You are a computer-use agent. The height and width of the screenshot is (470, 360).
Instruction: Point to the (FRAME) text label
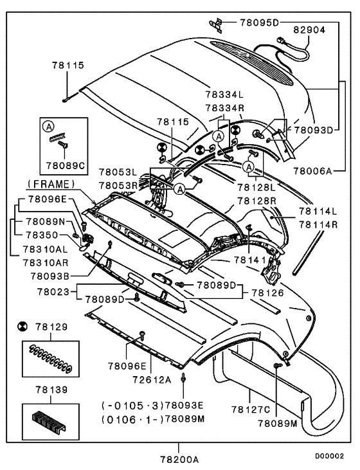(x=51, y=183)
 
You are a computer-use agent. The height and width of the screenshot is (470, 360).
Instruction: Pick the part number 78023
(x=50, y=291)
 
